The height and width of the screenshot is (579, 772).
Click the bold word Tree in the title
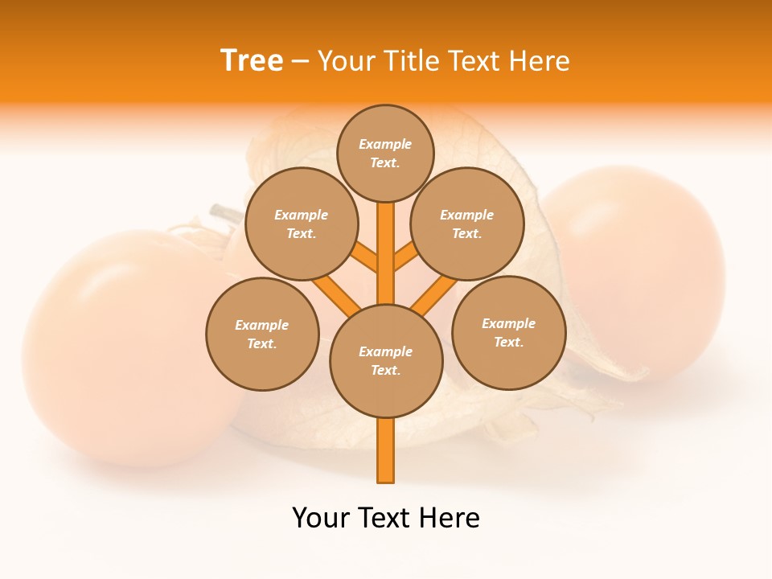coord(252,61)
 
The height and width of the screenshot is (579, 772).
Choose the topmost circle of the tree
coord(385,153)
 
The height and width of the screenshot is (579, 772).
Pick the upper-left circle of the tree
coord(301,224)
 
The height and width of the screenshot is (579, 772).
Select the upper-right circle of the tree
coord(466,224)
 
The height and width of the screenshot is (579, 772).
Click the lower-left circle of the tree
coord(262,334)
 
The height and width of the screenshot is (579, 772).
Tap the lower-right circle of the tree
coord(508,332)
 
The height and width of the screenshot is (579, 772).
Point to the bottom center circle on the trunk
coord(386,360)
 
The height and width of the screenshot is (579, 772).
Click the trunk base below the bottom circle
coord(386,450)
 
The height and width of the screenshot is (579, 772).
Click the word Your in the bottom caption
coord(320,518)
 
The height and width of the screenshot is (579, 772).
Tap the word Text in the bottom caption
coord(387,518)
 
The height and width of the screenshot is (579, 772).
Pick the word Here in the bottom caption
coord(451,518)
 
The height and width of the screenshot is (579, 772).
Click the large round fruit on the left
coord(121,346)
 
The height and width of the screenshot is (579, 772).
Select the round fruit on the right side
coord(635,273)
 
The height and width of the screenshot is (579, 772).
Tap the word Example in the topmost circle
coord(385,144)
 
